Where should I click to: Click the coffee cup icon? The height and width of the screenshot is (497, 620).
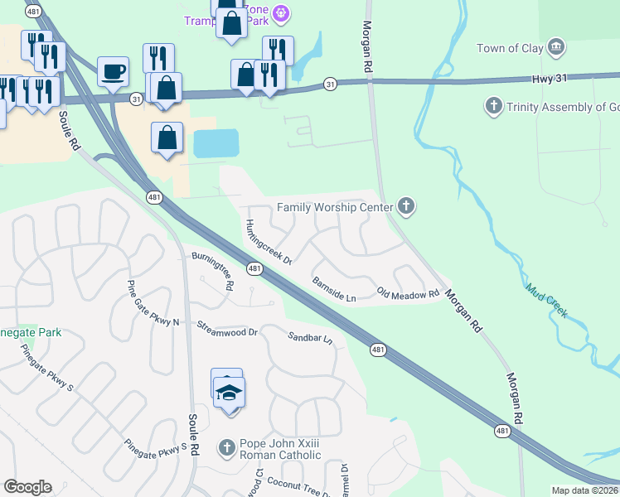pyautogui.click(x=113, y=71)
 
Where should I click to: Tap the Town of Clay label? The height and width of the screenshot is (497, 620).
pyautogui.click(x=510, y=48)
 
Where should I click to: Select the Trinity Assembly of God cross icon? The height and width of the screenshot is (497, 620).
pyautogui.click(x=493, y=106)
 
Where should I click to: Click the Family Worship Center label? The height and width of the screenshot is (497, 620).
pyautogui.click(x=334, y=206)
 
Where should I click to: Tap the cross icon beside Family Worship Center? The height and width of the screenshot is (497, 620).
pyautogui.click(x=405, y=205)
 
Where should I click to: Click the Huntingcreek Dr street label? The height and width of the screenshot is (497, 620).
pyautogui.click(x=269, y=242)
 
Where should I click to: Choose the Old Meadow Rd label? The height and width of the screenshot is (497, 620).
pyautogui.click(x=408, y=294)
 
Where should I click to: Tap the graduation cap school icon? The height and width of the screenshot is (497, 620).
pyautogui.click(x=230, y=392)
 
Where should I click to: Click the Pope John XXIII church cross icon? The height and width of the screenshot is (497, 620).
pyautogui.click(x=227, y=448)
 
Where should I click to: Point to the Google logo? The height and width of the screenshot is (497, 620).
pyautogui.click(x=27, y=486)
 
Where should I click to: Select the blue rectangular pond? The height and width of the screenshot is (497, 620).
pyautogui.click(x=216, y=143)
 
